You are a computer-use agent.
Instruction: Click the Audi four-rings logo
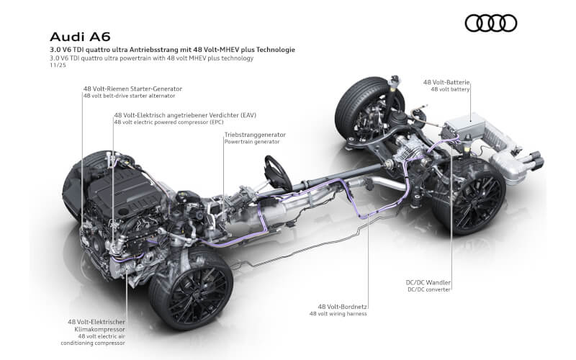[490, 23]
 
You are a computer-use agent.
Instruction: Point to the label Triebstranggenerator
[255, 135]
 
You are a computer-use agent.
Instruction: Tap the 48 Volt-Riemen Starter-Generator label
[133, 88]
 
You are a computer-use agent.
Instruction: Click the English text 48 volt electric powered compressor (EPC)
[166, 122]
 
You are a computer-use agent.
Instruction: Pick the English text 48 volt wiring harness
[338, 314]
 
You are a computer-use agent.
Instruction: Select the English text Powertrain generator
[252, 142]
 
